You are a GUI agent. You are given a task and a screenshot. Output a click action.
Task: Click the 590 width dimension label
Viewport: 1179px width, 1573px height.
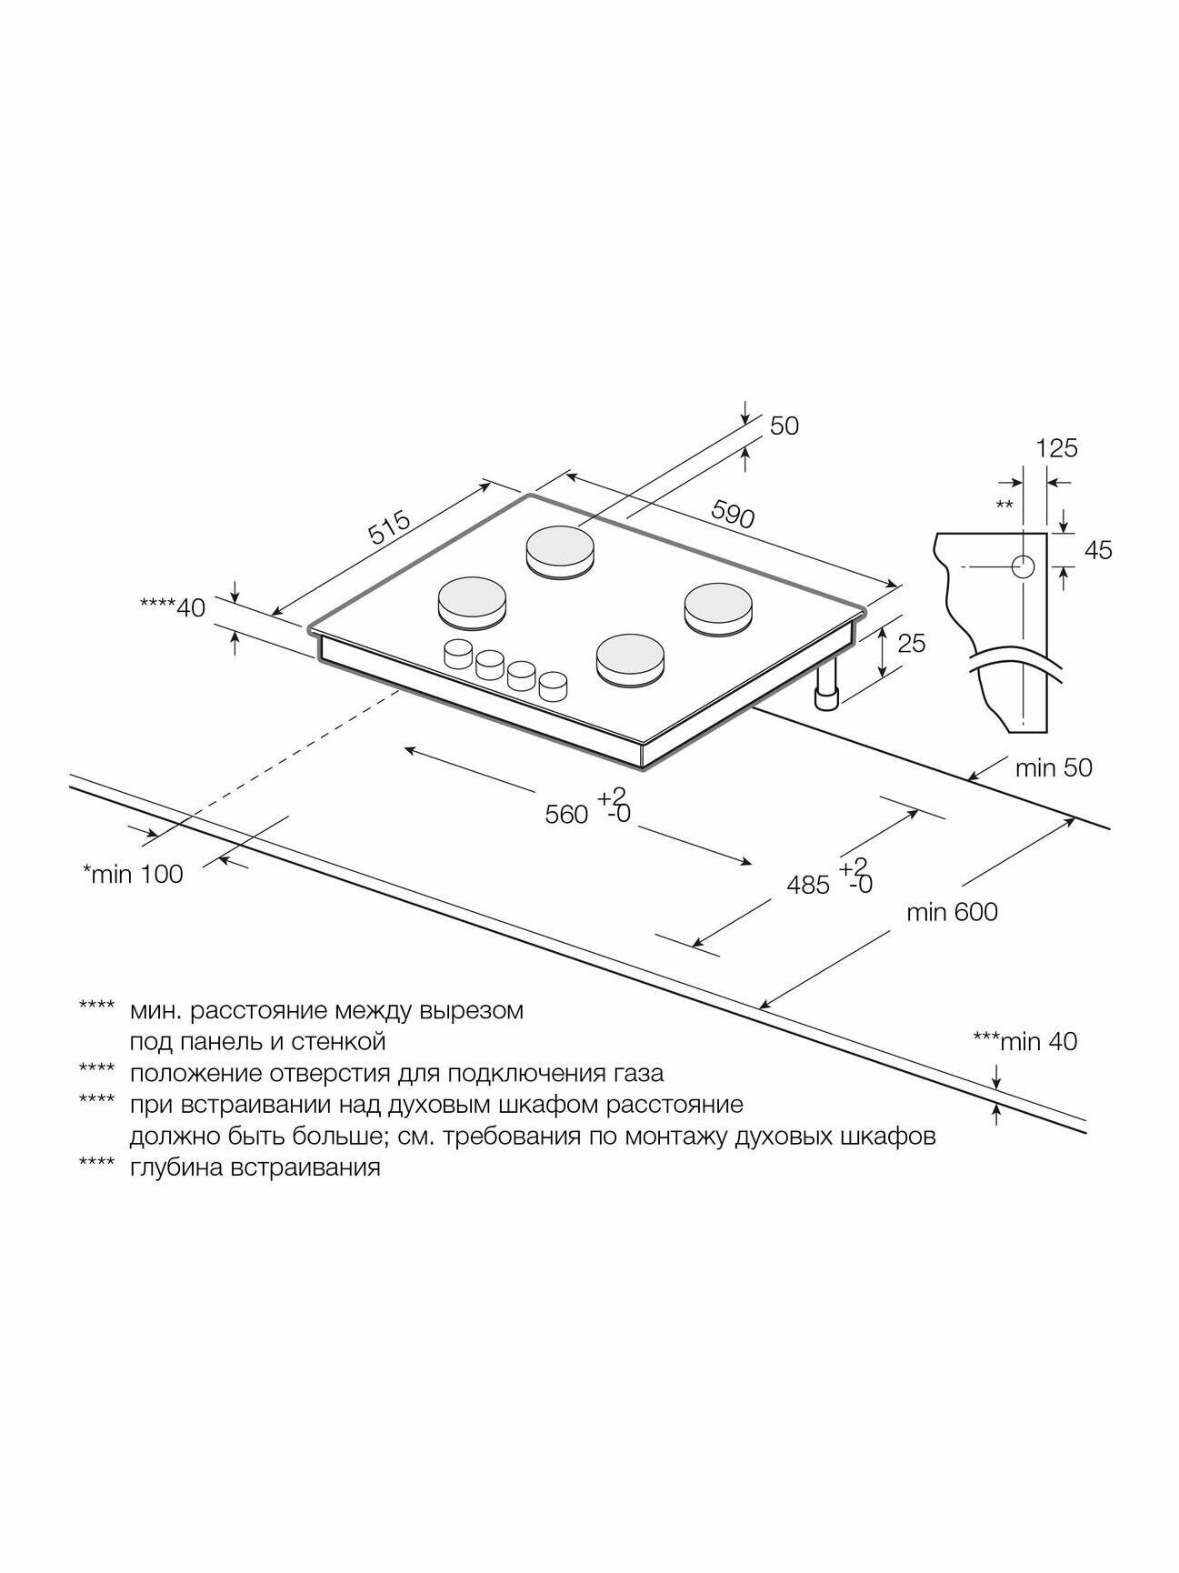coord(732,516)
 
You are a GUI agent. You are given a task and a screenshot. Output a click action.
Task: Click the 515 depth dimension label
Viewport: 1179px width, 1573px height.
coord(390,529)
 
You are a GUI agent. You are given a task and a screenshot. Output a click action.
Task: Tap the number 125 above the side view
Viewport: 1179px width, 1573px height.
coord(1056,448)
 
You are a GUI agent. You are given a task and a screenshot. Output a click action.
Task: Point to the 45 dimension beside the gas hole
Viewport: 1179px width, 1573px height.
coord(1098,550)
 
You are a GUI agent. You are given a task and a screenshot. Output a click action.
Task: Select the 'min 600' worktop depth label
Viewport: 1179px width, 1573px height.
coord(951,911)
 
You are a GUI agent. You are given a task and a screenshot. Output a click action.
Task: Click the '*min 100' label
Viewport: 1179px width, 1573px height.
coord(133,875)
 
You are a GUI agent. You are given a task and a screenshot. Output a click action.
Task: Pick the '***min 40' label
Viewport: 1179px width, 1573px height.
coord(1024,1041)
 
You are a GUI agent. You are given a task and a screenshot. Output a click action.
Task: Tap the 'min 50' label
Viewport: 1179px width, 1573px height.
coord(1054,768)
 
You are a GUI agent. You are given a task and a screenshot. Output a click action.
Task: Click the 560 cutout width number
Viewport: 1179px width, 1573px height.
coord(566,816)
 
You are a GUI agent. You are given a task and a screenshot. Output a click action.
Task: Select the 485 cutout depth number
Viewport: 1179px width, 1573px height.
coord(808,885)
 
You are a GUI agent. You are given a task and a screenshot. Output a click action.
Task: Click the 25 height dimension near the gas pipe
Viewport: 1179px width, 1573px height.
coord(911,644)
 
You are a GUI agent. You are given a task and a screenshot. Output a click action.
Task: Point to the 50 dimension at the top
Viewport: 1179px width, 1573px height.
coord(784,426)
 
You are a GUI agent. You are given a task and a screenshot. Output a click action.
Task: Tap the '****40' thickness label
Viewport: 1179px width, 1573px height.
coord(173,607)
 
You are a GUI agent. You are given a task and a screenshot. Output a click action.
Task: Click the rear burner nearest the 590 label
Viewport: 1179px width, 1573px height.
coord(564,551)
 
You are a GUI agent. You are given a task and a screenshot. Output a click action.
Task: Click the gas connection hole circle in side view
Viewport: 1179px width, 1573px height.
coord(1024,567)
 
